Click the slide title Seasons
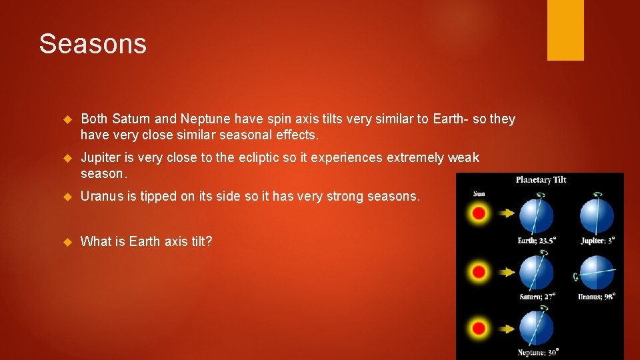(x=93, y=44)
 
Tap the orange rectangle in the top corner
(x=565, y=30)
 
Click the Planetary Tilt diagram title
(x=541, y=179)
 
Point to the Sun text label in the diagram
(x=479, y=194)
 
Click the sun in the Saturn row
(x=479, y=272)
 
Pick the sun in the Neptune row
(x=479, y=328)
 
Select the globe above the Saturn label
(x=536, y=272)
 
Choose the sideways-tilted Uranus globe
(x=597, y=272)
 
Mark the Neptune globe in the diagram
(x=536, y=328)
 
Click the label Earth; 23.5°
(x=537, y=241)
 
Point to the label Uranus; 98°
(x=597, y=296)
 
